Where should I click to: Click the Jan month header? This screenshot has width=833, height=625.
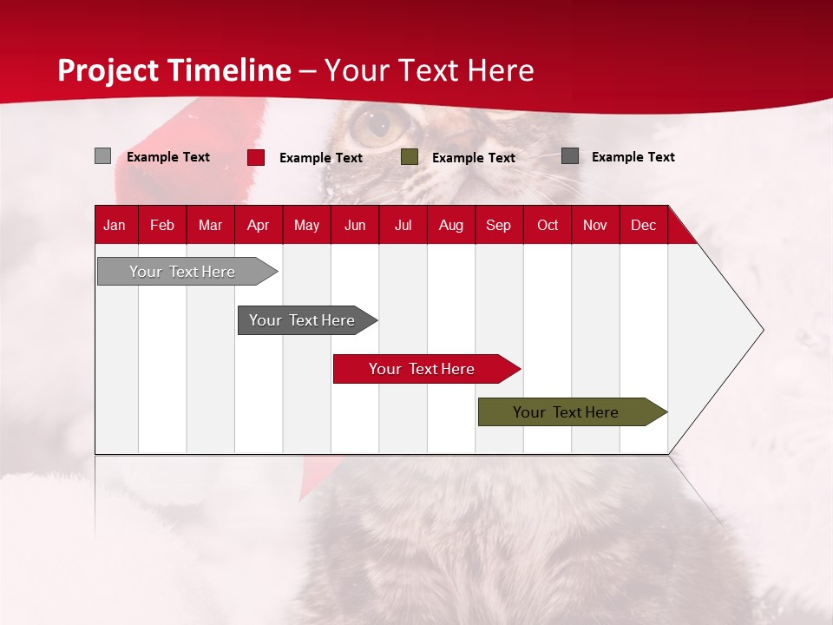[115, 225]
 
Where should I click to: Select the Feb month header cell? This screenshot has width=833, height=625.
[162, 225]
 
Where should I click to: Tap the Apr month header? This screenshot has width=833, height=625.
[258, 225]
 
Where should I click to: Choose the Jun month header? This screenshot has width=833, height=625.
[355, 225]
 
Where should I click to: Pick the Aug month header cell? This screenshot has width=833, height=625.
[450, 225]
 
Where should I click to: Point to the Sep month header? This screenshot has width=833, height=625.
[498, 225]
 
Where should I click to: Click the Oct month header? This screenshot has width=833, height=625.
[548, 225]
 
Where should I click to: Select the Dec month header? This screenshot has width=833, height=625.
[643, 225]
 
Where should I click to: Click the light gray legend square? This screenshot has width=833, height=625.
[102, 156]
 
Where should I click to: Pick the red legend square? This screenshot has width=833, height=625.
[256, 157]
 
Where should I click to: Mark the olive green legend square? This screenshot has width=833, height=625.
[410, 157]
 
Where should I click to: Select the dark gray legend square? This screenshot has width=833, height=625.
[570, 156]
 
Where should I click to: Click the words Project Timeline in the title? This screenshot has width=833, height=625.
[174, 70]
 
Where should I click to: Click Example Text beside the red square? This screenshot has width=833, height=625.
[321, 158]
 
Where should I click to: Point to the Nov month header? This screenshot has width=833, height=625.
[595, 225]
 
